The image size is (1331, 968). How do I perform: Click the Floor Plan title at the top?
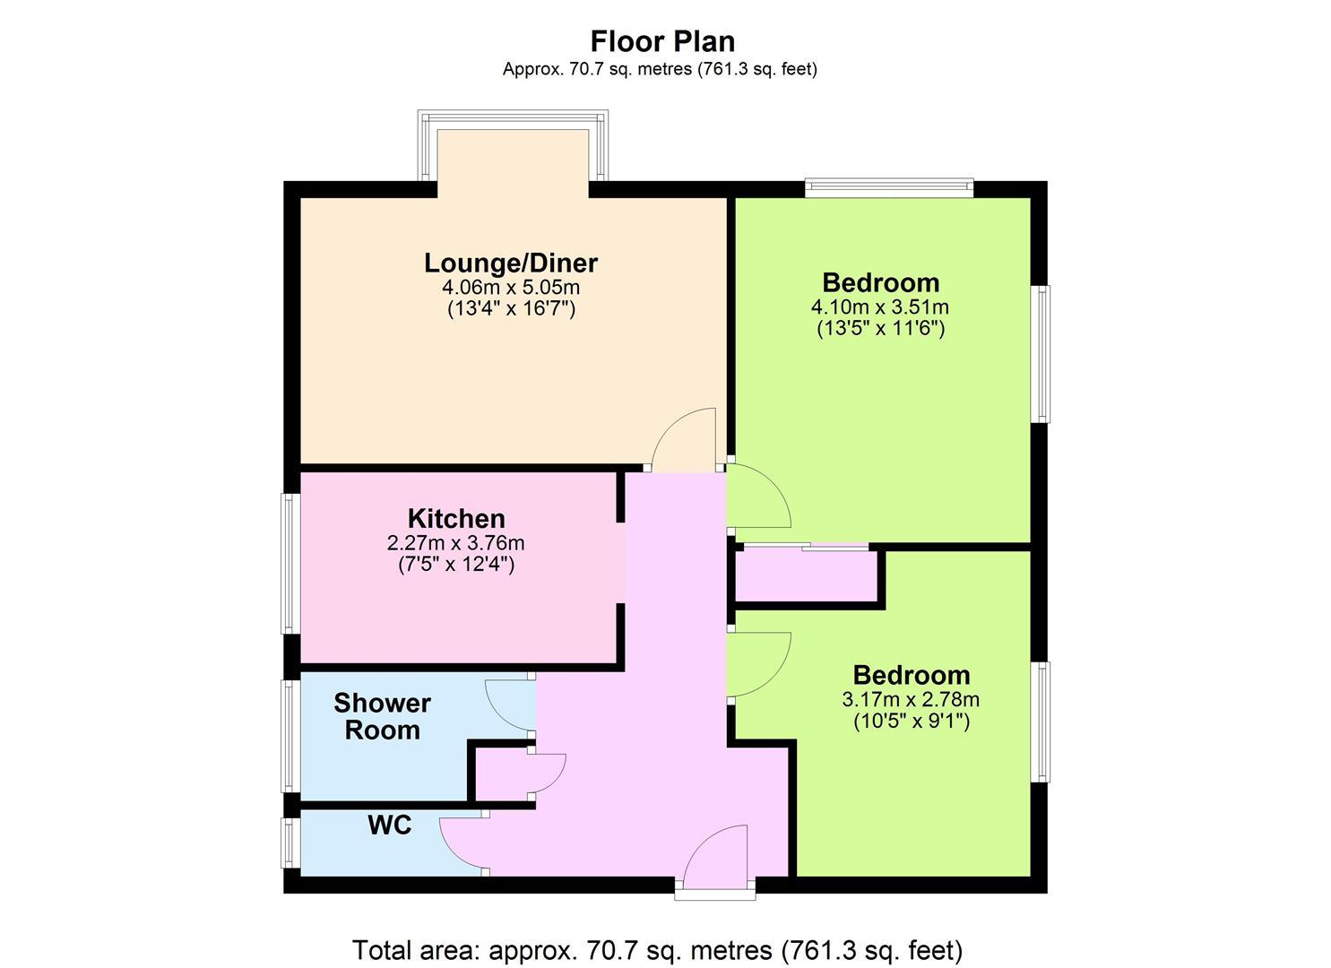click(x=662, y=41)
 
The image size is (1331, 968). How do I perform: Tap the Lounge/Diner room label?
click(x=510, y=263)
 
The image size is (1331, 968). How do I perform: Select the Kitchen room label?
click(x=455, y=519)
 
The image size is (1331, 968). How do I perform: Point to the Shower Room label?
click(x=382, y=717)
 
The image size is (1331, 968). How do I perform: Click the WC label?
click(x=390, y=825)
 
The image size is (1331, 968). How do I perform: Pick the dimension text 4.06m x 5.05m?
click(x=510, y=288)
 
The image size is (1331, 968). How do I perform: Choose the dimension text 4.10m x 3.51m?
click(x=880, y=307)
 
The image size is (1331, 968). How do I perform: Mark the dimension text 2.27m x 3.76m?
click(x=455, y=543)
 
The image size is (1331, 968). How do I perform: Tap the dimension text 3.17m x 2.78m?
click(x=911, y=699)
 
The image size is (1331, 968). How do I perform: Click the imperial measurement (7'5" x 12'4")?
click(x=455, y=564)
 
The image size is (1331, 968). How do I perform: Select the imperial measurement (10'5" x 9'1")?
click(x=912, y=722)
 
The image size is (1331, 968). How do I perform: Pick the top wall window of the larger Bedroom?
click(x=889, y=188)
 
